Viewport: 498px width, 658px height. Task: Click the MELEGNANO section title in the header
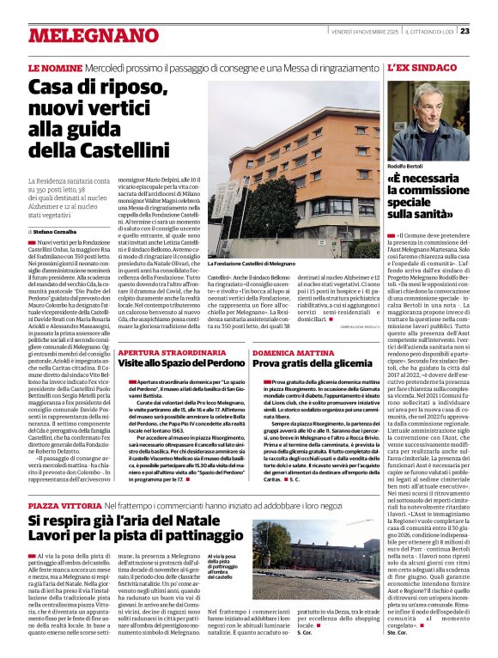pos(82,36)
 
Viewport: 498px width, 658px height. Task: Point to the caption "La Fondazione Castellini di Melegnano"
pos(252,264)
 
